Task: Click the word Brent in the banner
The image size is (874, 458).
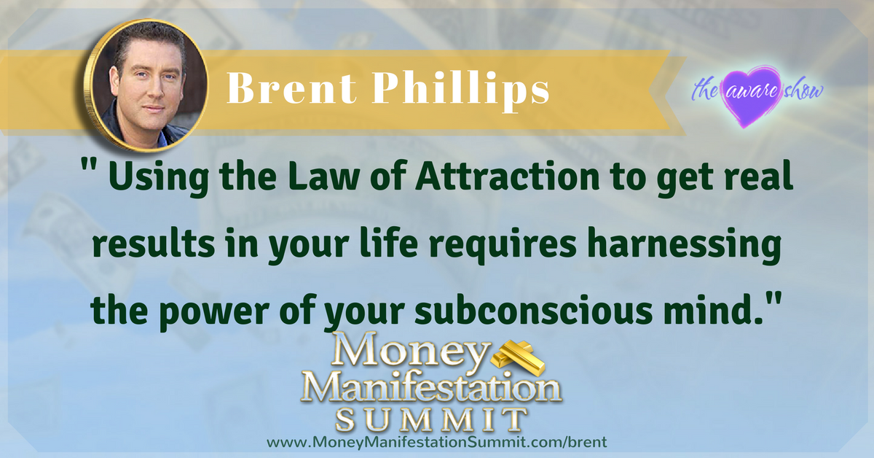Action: [291, 88]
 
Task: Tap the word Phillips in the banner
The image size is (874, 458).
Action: [460, 91]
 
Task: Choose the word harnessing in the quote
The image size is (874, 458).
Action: [684, 247]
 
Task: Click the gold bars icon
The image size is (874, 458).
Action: [517, 357]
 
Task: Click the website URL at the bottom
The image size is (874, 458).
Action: [437, 442]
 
